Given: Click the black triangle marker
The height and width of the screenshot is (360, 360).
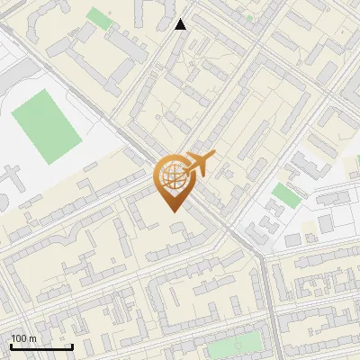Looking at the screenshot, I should [x=181, y=24].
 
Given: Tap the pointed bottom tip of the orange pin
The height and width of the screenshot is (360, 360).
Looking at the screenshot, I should [x=171, y=211].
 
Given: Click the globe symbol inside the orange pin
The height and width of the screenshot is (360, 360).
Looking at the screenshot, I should [x=171, y=175].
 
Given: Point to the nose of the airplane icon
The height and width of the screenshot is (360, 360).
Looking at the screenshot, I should [x=214, y=157].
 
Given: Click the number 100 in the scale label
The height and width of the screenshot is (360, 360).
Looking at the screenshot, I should [x=18, y=338].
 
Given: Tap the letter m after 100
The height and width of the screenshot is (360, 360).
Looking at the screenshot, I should [x=31, y=338].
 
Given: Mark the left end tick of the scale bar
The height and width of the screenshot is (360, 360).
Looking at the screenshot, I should [x=11, y=346].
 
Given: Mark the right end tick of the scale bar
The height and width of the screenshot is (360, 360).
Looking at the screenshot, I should [x=72, y=346].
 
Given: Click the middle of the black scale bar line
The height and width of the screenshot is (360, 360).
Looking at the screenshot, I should [x=41, y=347].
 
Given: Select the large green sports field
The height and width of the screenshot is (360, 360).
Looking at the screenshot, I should [x=47, y=126].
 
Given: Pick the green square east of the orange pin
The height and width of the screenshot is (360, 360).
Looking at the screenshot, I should [x=285, y=194].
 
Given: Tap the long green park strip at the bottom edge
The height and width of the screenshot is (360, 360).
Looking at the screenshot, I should [x=237, y=343].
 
